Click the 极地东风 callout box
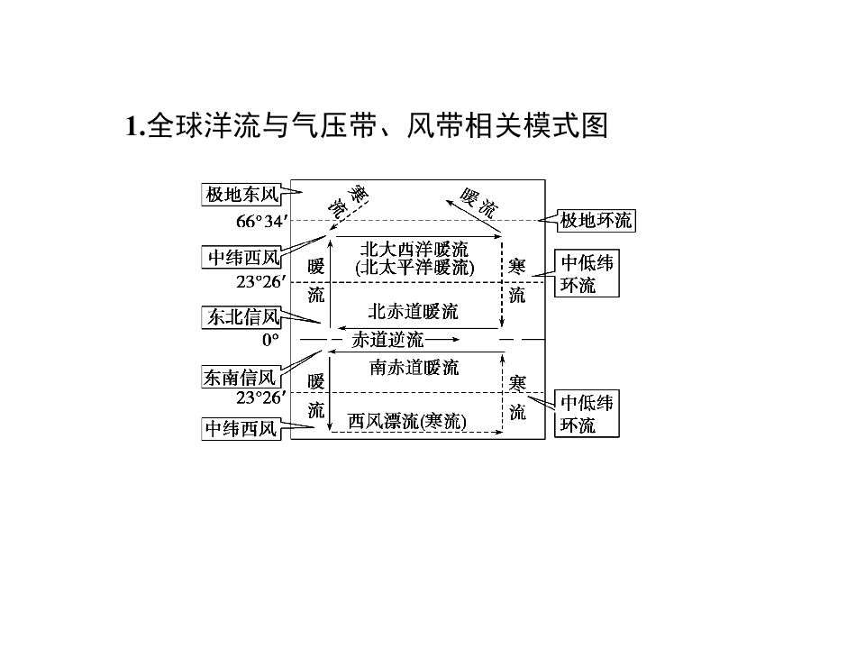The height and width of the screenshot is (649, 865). pos(241,195)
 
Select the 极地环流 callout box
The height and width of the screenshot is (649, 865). pos(596,221)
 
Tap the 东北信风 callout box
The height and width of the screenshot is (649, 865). pos(241,317)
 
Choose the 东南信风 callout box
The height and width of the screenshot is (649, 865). pos(241,378)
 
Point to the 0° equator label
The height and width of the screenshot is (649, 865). pos(270,340)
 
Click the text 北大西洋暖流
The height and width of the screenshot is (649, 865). pos(414,250)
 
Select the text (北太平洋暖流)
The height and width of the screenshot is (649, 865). pos(414,268)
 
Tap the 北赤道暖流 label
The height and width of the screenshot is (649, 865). pos(414,312)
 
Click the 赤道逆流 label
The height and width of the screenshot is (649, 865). pos(387,340)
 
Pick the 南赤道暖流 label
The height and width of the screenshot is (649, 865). pos(414,368)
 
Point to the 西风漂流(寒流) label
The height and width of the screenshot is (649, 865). pos(407,422)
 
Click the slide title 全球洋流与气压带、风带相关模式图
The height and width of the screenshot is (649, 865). pos(378,126)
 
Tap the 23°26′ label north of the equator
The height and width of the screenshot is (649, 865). pos(261,282)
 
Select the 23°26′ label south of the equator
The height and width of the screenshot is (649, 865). pos(261,398)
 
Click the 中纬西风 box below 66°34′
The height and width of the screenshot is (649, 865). pos(241,257)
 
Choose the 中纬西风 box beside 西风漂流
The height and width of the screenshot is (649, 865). pos(241,429)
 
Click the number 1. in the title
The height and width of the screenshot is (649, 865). pos(135,126)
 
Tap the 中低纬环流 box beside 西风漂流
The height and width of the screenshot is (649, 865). pos(587,414)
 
